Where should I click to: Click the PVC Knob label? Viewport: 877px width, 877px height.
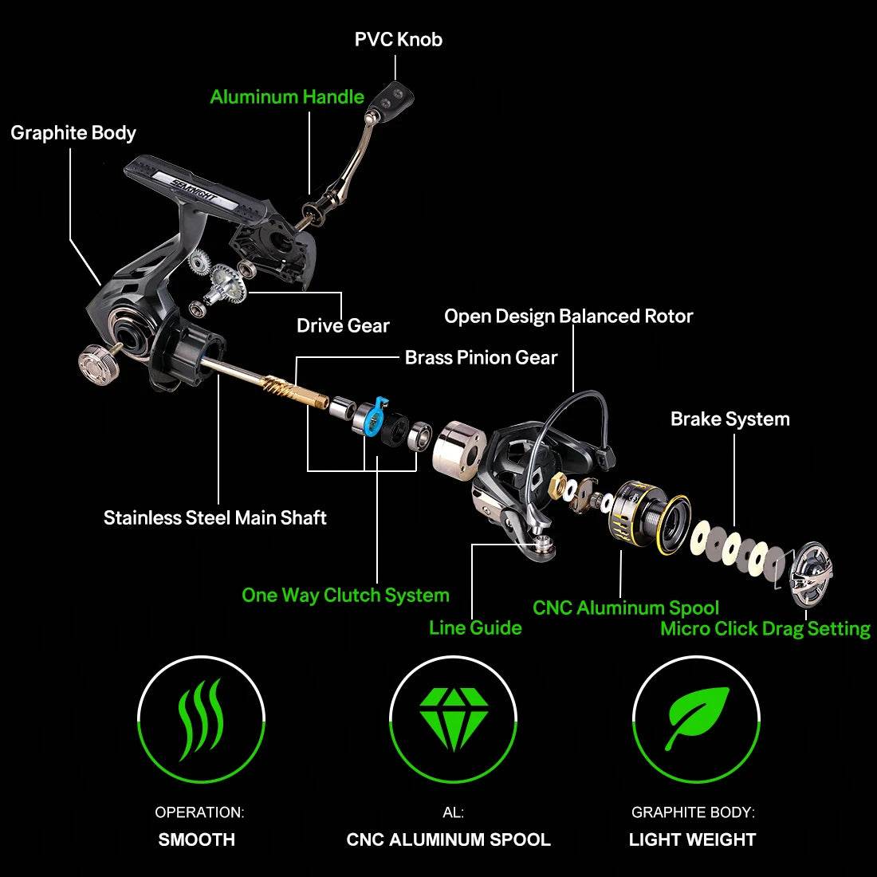398,39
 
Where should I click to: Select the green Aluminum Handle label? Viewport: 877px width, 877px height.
287,97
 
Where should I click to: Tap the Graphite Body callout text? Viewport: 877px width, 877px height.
73,132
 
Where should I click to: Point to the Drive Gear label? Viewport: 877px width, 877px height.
343,325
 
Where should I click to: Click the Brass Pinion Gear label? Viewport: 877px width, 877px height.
481,357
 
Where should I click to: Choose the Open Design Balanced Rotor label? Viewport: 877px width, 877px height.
568,317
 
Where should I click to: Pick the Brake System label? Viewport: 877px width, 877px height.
730,419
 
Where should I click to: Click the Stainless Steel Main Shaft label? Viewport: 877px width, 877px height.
215,517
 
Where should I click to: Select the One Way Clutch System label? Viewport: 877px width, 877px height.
345,596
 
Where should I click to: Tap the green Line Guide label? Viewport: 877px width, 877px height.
475,627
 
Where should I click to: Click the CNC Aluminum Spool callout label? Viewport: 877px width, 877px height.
626,608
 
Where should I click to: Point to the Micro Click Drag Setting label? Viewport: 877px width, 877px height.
765,628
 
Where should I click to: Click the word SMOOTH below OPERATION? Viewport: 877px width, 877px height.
197,840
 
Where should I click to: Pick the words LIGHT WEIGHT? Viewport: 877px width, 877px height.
692,840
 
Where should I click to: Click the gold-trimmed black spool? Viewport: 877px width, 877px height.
647,516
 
